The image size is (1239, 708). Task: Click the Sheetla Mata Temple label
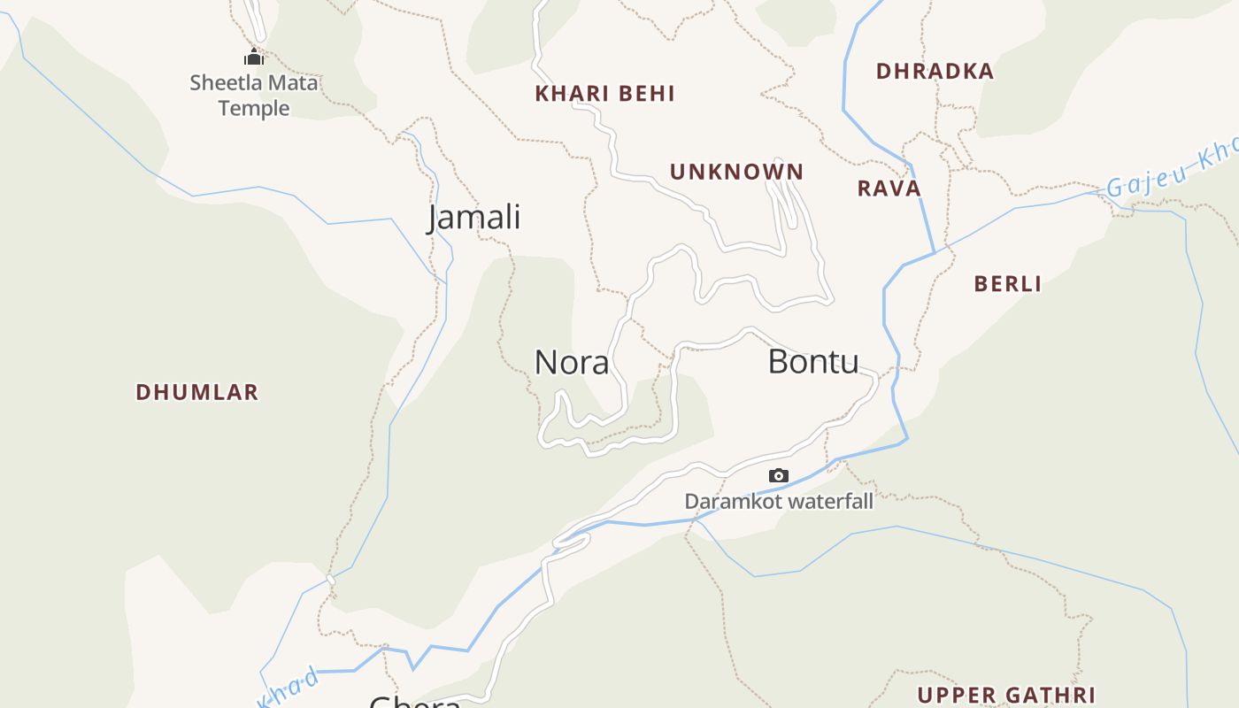253,96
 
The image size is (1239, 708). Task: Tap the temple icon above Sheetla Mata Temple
254,58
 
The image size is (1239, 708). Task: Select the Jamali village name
474,217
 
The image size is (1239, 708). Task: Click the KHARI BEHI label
604,94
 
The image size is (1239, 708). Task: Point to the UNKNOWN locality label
736,172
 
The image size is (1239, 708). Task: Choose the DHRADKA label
935,72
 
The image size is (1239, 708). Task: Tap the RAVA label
889,189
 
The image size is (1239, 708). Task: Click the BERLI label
1007,284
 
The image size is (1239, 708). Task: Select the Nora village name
572,363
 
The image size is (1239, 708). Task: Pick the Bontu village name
812,362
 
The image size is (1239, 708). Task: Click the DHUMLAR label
196,392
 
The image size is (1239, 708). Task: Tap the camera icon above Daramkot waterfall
778,475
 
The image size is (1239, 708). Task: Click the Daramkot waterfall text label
779,502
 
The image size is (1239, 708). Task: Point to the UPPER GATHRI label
1006,696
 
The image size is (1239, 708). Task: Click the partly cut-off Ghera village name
414,702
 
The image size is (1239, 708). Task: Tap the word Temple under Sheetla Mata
254,108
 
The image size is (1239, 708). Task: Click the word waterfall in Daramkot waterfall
831,502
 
